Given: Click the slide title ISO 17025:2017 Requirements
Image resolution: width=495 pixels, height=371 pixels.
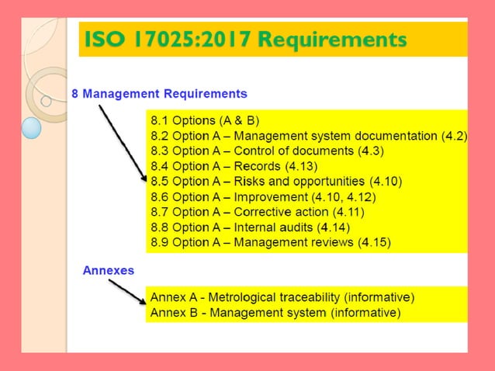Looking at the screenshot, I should [244, 39].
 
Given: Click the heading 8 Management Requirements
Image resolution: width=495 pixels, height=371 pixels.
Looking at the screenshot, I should [159, 94].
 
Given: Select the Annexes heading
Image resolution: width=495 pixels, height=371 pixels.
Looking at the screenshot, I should [109, 271].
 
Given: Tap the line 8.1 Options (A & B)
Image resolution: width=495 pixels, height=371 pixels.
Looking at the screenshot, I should [204, 121].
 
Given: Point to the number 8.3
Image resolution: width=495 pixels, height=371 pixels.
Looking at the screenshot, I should [159, 151].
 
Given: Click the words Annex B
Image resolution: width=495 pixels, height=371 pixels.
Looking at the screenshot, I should [173, 313].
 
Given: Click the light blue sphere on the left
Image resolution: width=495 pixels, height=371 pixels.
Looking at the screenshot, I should [31, 127].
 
